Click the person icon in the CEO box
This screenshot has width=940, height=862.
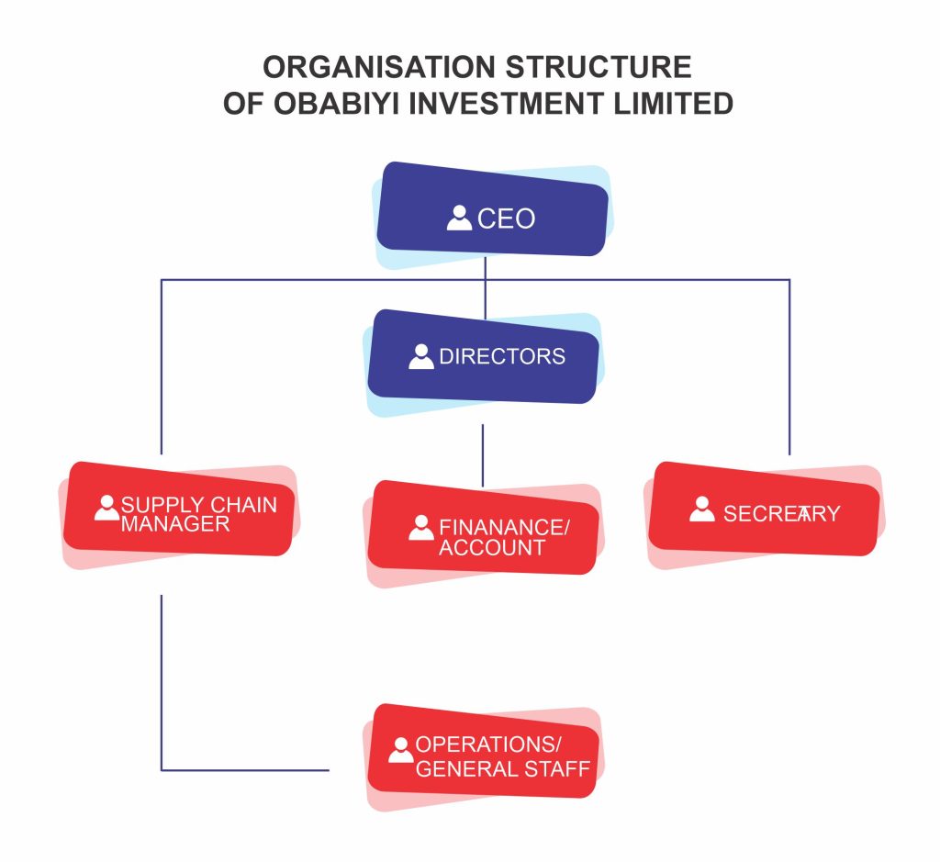(459, 218)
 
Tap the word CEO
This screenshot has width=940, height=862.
(506, 219)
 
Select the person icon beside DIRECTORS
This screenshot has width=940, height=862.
(421, 356)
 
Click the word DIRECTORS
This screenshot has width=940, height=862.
(502, 356)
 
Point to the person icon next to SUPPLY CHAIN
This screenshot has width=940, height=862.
(107, 508)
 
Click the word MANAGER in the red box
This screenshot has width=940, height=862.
(175, 524)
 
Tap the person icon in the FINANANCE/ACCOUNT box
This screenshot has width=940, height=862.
(421, 528)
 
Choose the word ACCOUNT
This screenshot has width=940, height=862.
(492, 548)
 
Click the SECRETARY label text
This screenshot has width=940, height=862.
(781, 513)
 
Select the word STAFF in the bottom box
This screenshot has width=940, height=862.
(557, 768)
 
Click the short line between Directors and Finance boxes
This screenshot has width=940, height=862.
(483, 454)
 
